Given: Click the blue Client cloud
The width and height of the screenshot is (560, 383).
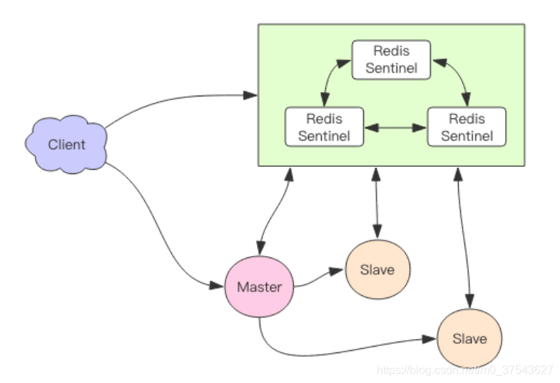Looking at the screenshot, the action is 66,144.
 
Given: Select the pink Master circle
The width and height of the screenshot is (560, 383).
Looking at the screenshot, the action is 259,287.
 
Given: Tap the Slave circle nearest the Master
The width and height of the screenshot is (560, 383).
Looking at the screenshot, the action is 378,270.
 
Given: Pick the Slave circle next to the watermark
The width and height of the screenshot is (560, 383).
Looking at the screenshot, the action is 469,338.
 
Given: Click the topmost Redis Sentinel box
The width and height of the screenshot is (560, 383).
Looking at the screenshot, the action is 391,60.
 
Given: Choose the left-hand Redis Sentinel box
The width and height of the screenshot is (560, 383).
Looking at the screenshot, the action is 325,127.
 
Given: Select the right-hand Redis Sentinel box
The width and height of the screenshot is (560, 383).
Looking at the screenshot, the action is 467,127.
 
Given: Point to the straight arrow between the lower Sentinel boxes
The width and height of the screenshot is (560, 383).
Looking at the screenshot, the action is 396,128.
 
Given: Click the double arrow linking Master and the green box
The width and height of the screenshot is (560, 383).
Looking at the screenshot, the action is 275,211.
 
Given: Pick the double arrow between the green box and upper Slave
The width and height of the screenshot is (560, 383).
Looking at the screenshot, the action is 377,203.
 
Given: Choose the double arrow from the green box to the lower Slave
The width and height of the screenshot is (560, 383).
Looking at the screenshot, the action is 464,238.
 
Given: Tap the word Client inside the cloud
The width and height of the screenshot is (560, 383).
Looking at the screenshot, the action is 66,145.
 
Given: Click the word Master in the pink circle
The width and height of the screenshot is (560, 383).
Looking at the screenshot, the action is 259,287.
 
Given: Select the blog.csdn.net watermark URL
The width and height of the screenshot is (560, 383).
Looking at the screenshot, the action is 465,369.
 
